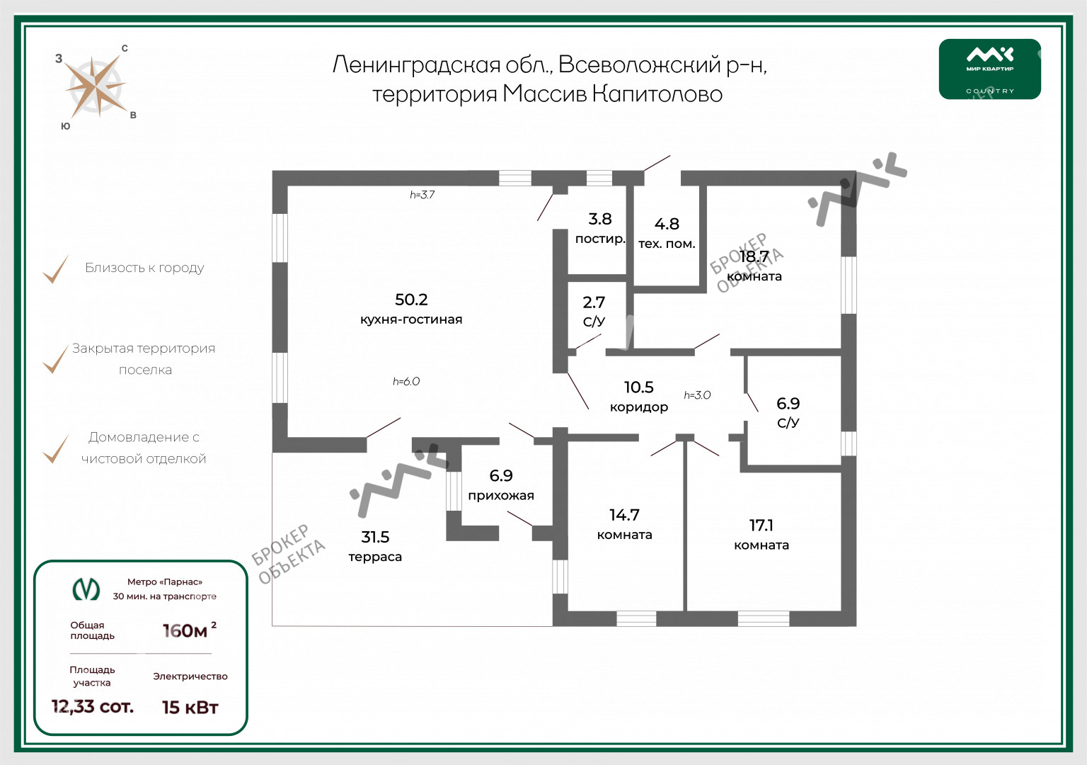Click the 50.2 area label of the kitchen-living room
[411, 300]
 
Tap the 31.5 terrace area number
[375, 537]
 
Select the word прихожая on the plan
[501, 495]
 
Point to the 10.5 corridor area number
[638, 387]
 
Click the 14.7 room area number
[625, 515]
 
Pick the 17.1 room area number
[761, 525]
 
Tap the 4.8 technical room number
[667, 224]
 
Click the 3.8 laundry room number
[600, 219]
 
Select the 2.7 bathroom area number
[594, 302]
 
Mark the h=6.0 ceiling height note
[406, 382]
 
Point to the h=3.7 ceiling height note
[422, 195]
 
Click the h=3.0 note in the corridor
[697, 395]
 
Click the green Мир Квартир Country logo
[990, 69]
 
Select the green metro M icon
[86, 589]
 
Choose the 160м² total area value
[189, 630]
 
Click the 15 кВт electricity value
[190, 707]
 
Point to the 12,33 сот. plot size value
[92, 706]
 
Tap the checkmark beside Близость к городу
[56, 269]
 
